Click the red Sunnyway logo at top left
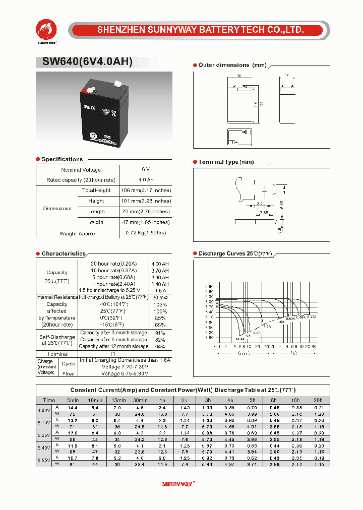[46, 31]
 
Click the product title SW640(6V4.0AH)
[84, 62]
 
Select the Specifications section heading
[62, 159]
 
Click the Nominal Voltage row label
[81, 170]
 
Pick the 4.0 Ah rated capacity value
[146, 180]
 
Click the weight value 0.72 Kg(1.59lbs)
[145, 233]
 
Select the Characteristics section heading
[64, 253]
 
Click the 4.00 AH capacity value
[159, 264]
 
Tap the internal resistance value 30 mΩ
[159, 297]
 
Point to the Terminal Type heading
[226, 162]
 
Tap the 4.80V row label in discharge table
[44, 410]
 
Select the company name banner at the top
[200, 30]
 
